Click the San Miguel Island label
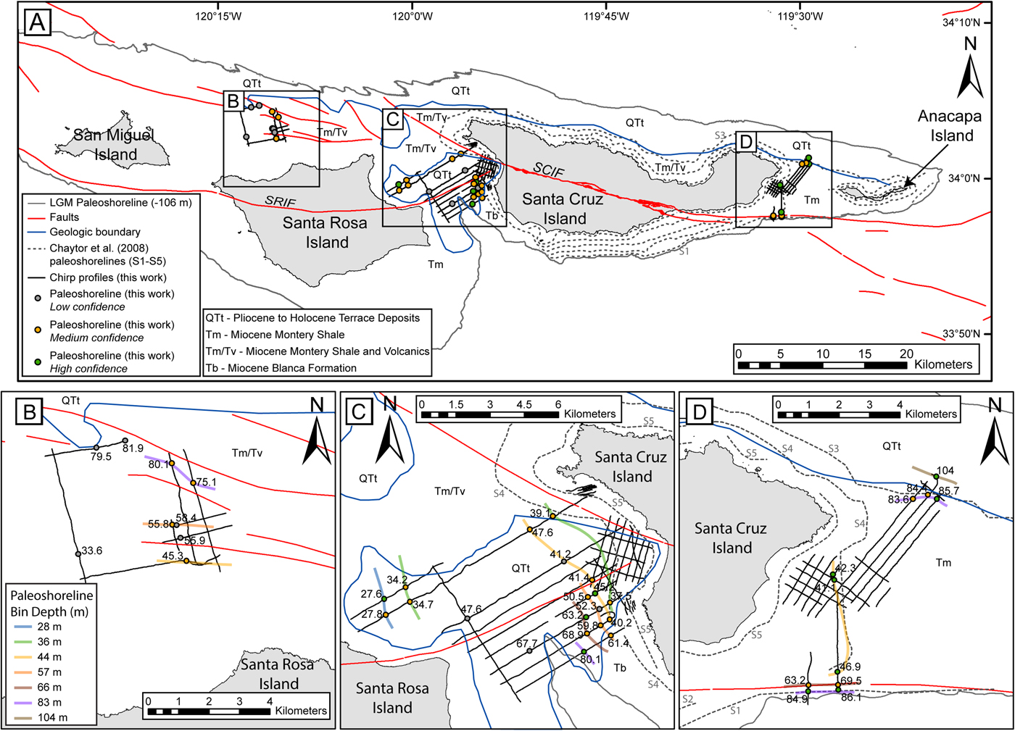tap(115, 144)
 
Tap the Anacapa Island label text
tap(949, 125)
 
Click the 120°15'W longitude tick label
tap(218, 16)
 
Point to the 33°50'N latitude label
tap(961, 334)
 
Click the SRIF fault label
tap(280, 201)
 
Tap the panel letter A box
tap(37, 22)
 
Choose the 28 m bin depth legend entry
tap(49, 627)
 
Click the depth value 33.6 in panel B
tap(91, 551)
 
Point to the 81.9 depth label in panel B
tap(133, 448)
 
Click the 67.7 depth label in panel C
tap(527, 643)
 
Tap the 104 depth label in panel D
tap(945, 471)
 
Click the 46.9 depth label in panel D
tap(850, 667)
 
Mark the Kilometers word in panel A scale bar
tap(943, 364)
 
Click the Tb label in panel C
tap(620, 667)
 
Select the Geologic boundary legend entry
tap(94, 232)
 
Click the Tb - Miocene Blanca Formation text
tap(281, 368)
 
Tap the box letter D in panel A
tap(746, 141)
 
